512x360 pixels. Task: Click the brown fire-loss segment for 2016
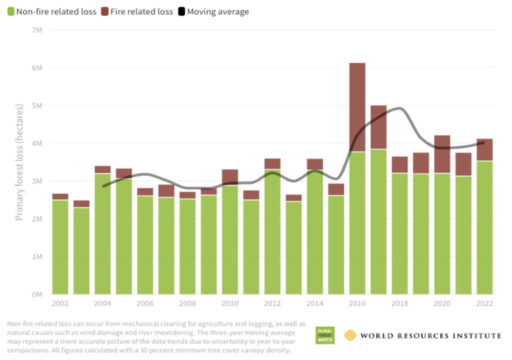(x=357, y=107)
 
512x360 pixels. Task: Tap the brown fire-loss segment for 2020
(x=442, y=154)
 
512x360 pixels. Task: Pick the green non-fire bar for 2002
(x=60, y=247)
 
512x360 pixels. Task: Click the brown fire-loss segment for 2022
(x=484, y=149)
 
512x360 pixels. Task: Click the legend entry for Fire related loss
(x=136, y=11)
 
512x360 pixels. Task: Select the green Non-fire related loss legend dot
(x=10, y=11)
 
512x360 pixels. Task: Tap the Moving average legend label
(x=217, y=11)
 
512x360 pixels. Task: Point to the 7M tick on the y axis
(x=36, y=30)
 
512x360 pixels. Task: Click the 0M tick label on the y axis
(x=36, y=294)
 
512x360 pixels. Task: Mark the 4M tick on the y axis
(x=36, y=143)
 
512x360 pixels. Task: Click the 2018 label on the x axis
(x=400, y=303)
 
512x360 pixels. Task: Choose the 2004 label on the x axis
(x=102, y=303)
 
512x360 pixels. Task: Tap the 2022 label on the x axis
(x=484, y=303)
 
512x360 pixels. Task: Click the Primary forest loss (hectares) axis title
(x=20, y=162)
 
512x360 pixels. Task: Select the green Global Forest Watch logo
(x=325, y=335)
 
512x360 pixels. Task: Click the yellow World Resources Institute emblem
(x=350, y=335)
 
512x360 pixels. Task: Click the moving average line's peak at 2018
(x=400, y=108)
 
